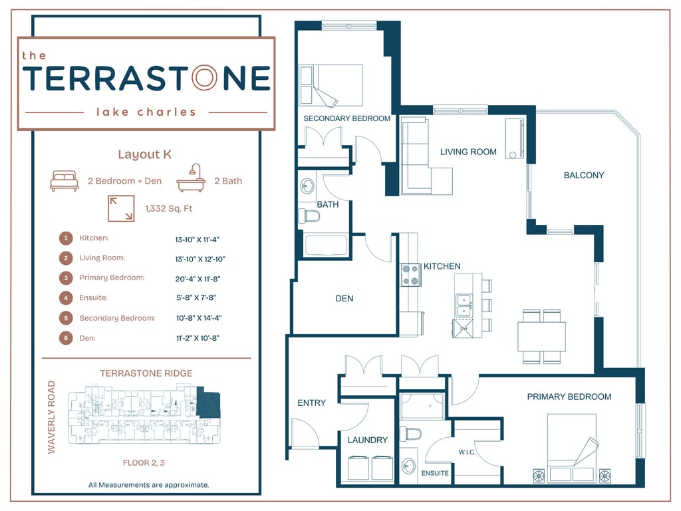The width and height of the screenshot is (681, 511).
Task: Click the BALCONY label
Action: coord(583,175)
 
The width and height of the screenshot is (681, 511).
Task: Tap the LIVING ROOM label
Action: coord(468,152)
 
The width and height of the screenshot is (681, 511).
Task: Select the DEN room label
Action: coord(344,298)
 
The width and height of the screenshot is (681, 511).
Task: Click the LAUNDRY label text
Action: coord(367,440)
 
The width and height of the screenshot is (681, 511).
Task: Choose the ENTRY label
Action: coord(311,403)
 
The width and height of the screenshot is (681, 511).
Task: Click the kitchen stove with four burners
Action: coord(410,275)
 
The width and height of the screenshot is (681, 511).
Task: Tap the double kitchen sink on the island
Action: coord(464,305)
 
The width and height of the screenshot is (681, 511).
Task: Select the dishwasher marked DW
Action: coord(464,328)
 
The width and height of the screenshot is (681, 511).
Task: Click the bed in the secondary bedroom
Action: coord(331,85)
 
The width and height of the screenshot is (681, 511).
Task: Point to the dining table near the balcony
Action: coord(541,336)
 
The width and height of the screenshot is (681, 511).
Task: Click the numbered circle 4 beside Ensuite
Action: coord(66,298)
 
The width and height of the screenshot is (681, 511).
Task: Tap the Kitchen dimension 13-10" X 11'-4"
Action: coord(198,238)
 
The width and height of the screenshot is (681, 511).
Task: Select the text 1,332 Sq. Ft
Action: coord(168,209)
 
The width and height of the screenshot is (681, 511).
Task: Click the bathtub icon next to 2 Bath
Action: coord(191,178)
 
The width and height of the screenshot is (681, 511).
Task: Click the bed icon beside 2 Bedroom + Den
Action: coord(65,181)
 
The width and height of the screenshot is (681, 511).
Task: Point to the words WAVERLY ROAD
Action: coord(52,417)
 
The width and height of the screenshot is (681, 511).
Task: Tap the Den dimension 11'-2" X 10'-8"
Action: coord(198,338)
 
